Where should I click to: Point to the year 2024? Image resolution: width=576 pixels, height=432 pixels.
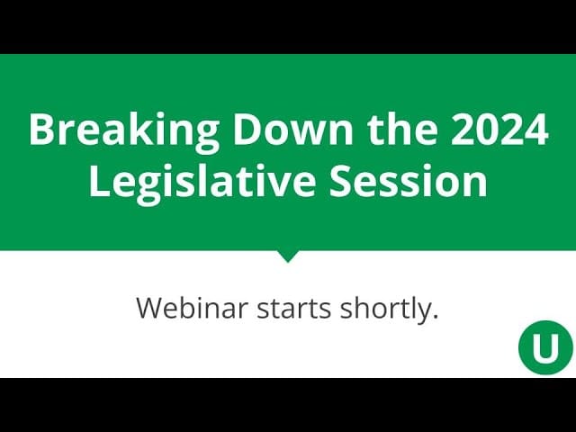point(499,130)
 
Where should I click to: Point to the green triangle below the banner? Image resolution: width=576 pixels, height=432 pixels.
point(288,256)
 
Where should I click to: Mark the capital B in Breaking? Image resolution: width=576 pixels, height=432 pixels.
point(41,130)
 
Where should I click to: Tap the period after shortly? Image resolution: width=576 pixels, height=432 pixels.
point(436,317)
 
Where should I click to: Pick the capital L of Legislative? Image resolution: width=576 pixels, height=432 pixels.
point(98,182)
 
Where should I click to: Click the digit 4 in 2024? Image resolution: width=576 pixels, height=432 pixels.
point(536,130)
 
